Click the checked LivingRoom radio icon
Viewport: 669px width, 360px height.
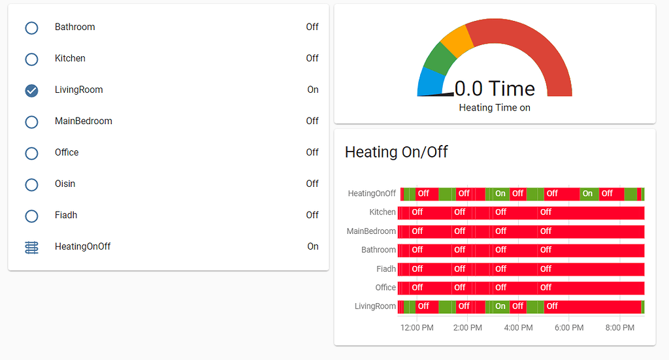(31, 90)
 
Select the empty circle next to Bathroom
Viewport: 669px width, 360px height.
(31, 27)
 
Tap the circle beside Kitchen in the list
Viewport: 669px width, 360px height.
(31, 59)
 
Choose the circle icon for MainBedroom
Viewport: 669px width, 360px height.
(31, 122)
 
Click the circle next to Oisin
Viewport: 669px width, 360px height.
(31, 184)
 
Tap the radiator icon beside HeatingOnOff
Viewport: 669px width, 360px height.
(31, 247)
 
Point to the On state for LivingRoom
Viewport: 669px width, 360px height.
(313, 90)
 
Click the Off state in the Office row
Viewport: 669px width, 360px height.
(312, 153)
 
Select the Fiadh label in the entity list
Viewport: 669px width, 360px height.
(66, 216)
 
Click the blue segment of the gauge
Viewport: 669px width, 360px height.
(429, 81)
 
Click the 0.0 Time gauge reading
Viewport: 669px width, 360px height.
(495, 89)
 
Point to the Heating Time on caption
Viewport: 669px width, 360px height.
(495, 108)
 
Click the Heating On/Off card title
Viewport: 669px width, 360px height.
(396, 152)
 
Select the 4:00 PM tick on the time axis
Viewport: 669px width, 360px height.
(518, 327)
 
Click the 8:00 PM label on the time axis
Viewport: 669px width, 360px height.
(619, 327)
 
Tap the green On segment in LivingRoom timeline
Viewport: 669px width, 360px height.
(500, 306)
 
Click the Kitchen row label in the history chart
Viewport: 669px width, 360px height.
(382, 212)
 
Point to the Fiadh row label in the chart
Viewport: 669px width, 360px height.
(386, 269)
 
